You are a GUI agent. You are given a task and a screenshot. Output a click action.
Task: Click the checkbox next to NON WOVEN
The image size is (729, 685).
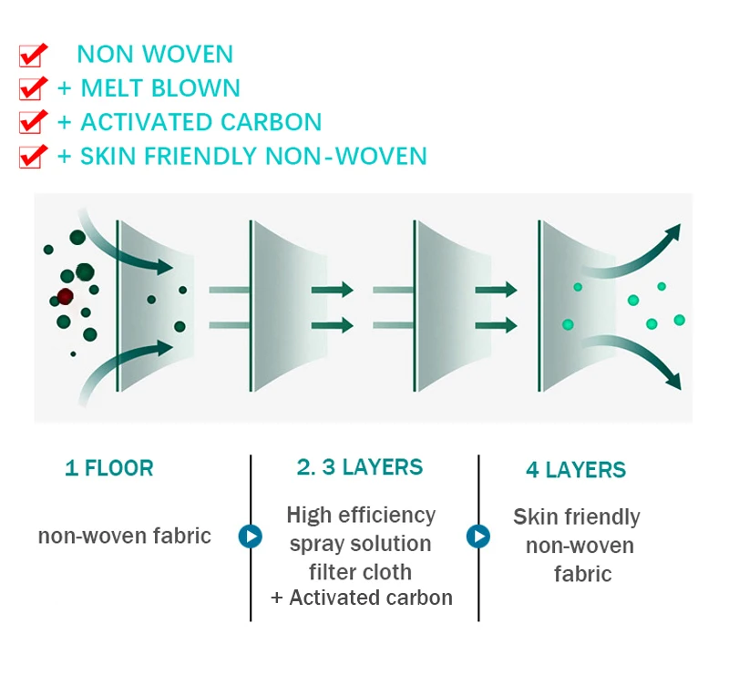tap(32, 56)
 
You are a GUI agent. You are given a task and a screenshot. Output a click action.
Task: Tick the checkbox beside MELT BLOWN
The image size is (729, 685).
tap(32, 89)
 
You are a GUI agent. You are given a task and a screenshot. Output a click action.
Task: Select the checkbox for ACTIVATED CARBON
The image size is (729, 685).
tap(32, 122)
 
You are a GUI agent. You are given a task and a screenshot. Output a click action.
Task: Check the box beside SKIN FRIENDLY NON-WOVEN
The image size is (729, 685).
tap(32, 156)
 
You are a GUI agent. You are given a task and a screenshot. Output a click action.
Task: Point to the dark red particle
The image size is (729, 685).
tap(65, 296)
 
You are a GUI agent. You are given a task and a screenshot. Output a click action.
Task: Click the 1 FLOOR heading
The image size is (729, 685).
tap(109, 468)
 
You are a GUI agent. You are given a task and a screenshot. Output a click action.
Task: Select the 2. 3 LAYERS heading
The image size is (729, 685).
tap(360, 467)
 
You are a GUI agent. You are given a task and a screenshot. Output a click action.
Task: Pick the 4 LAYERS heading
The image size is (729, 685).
tap(576, 470)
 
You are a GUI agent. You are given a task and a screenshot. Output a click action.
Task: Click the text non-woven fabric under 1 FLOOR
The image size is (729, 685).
tap(125, 536)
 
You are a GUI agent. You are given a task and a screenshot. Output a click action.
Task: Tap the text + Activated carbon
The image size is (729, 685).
tap(362, 598)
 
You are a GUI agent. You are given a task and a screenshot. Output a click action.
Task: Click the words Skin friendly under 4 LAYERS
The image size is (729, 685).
tap(577, 517)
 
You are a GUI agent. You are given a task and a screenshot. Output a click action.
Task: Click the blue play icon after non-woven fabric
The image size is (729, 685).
tap(250, 536)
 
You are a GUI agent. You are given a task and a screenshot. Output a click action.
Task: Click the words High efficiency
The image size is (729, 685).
tap(361, 516)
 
